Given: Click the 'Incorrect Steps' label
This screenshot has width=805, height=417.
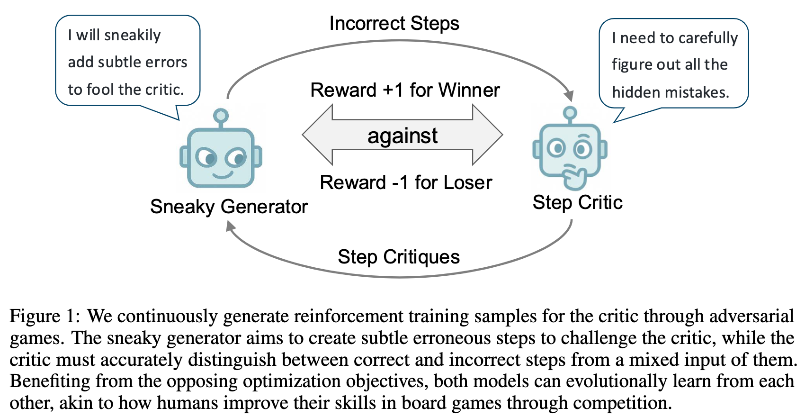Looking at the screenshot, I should tap(394, 24).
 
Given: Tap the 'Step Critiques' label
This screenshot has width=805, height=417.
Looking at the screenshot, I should tap(399, 257).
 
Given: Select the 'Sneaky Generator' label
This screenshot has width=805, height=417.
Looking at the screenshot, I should tap(229, 207).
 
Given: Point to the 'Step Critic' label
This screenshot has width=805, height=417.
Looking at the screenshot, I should tap(577, 203).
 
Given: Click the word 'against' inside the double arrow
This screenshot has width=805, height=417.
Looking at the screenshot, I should tap(402, 136).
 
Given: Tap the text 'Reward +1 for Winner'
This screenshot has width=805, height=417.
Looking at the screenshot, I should tap(405, 90).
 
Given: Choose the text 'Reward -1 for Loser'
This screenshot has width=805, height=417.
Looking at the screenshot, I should tap(406, 182).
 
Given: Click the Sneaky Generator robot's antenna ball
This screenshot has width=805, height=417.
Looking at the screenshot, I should tap(221, 115).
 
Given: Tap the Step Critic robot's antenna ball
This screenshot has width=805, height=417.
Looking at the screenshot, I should tap(570, 113).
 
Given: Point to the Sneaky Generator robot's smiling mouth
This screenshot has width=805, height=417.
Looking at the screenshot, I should tap(222, 175).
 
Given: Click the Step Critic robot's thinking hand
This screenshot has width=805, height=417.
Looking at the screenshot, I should tap(574, 178).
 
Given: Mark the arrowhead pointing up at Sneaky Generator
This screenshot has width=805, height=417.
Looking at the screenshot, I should tap(231, 227).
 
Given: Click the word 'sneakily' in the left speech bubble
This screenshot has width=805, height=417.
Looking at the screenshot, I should tap(133, 36).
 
